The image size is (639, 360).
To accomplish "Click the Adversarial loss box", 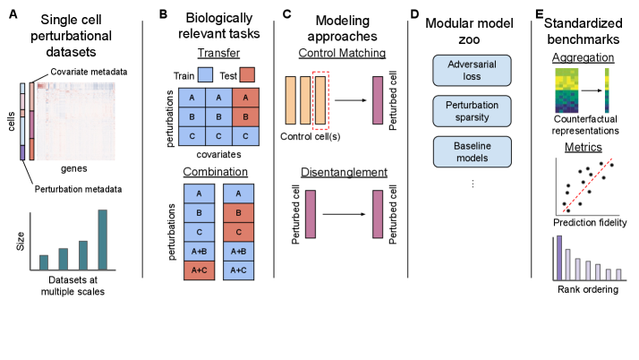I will coord(472,70).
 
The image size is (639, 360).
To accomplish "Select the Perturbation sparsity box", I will coord(472,111).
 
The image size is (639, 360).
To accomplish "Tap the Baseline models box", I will coord(472,151).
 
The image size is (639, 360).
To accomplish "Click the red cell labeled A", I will coord(245,98).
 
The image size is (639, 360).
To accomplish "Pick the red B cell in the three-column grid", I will coord(245,117).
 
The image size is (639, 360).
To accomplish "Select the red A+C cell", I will coord(200,270).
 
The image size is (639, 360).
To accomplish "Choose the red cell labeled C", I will coord(238,232).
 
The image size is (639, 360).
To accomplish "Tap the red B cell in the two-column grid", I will coord(238,213).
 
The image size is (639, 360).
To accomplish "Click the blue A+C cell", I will coord(238,270).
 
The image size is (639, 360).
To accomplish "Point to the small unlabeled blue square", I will coord(205,74).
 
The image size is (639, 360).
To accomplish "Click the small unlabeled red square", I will coord(247,74).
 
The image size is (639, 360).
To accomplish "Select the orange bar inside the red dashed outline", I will coord(320,100).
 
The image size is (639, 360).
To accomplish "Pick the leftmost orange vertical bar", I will coord(290,100).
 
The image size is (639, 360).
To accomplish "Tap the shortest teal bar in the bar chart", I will coord(44,261).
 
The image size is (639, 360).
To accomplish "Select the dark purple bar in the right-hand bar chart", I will coord(559,258).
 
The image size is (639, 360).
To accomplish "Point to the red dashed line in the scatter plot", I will coord(588,186).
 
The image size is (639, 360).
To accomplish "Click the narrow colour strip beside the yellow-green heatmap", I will coord(606,90).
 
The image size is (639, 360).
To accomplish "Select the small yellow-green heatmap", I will coord(567,90).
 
